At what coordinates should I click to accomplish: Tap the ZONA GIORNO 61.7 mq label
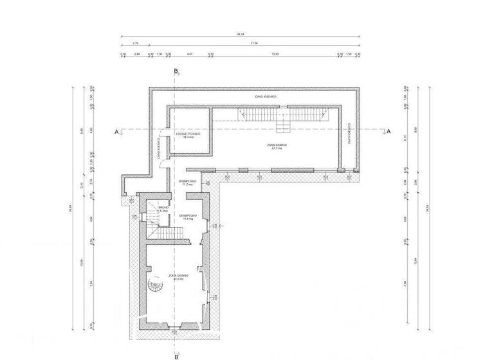click(x=277, y=147)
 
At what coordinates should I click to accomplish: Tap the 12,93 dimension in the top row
click(x=275, y=54)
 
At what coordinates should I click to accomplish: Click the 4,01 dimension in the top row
click(x=189, y=54)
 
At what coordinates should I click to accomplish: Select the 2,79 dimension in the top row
click(x=135, y=43)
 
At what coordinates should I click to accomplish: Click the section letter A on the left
click(x=117, y=132)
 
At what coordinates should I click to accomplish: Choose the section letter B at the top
click(x=176, y=71)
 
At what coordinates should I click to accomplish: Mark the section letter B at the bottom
click(x=176, y=354)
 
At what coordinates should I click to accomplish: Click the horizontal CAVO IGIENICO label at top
click(x=265, y=96)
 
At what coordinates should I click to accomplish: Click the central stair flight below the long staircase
click(x=283, y=125)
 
